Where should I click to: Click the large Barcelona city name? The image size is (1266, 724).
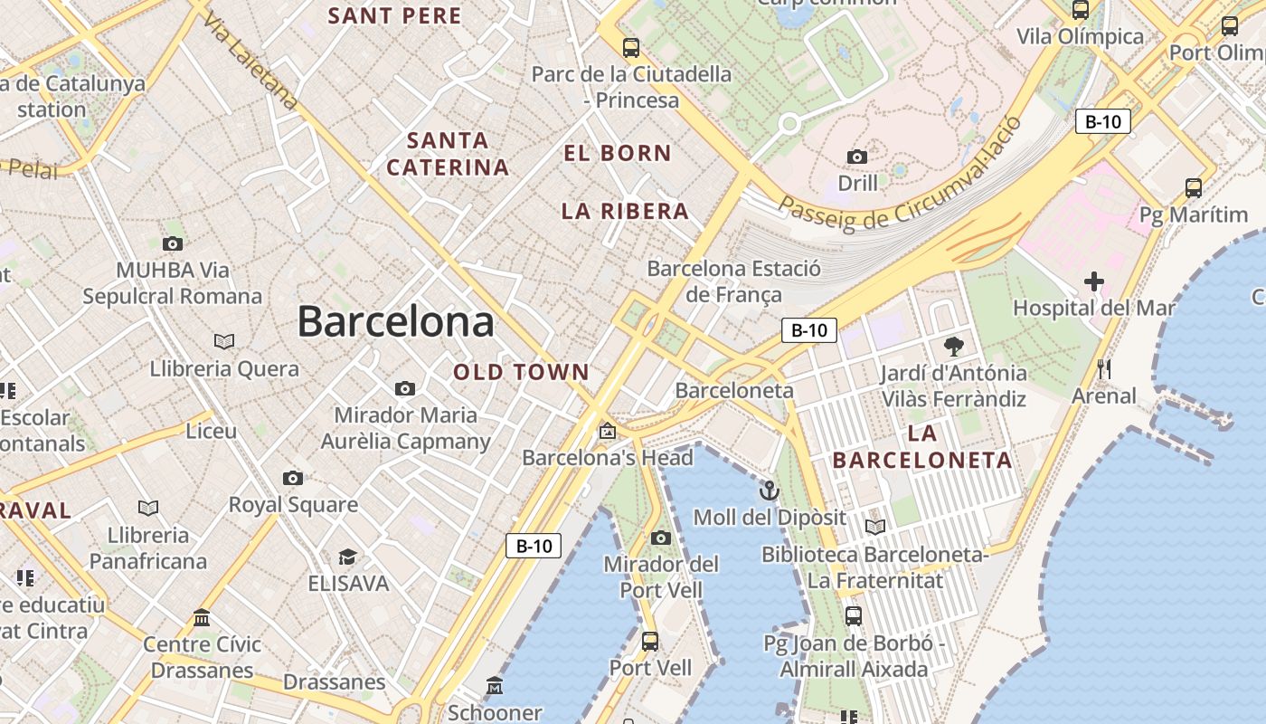click(395, 321)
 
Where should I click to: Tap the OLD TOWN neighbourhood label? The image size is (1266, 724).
click(521, 372)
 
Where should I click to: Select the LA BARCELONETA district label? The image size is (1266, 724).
click(922, 446)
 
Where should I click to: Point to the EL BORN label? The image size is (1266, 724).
click(618, 153)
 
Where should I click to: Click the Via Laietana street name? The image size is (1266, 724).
click(250, 61)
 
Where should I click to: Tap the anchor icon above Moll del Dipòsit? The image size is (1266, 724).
click(769, 491)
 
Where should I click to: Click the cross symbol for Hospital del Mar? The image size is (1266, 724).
click(1094, 281)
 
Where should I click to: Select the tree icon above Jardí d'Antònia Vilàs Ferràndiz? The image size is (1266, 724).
click(953, 346)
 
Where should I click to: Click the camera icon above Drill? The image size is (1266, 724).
click(857, 157)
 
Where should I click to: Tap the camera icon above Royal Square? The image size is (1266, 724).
click(292, 478)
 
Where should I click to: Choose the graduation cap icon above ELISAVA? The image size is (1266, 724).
click(347, 557)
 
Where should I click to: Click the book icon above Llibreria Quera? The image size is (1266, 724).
click(224, 341)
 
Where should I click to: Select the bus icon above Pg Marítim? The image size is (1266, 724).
click(1194, 188)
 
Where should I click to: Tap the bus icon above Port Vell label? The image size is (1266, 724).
click(649, 642)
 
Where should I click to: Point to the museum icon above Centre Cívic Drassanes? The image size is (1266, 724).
click(202, 618)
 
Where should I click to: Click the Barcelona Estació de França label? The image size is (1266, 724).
click(733, 281)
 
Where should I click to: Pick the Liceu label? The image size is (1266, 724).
click(211, 431)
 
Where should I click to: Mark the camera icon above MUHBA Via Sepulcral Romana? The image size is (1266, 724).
click(172, 243)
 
